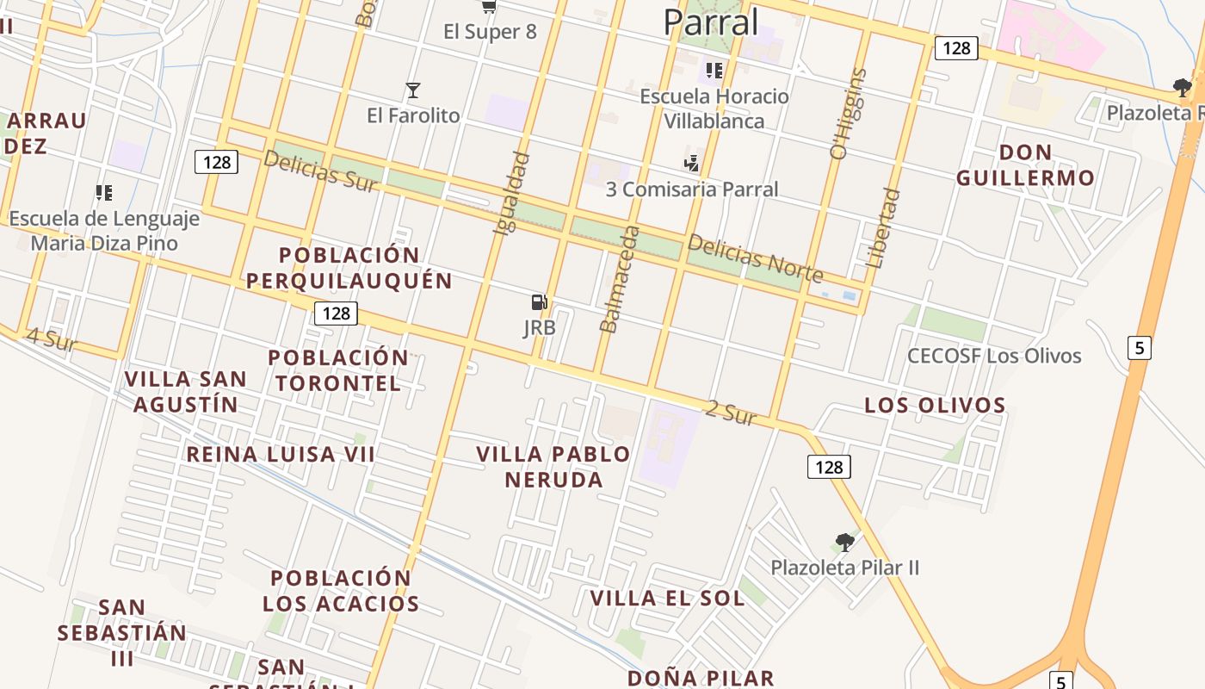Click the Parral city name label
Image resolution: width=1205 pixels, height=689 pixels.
click(x=711, y=22)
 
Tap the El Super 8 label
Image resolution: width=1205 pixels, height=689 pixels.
click(x=490, y=32)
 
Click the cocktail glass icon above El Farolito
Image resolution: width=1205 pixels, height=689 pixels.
click(x=413, y=90)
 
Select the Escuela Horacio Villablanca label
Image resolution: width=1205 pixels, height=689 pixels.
click(x=714, y=109)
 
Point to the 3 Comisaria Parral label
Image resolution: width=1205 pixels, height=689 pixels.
click(x=692, y=189)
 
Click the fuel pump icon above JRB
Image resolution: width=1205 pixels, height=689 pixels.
click(x=540, y=302)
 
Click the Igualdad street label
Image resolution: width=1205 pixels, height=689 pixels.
click(x=510, y=194)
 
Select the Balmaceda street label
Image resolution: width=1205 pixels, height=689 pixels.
click(x=620, y=279)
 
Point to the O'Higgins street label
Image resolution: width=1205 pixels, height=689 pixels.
click(x=848, y=115)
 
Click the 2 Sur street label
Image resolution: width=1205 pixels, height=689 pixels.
click(x=730, y=413)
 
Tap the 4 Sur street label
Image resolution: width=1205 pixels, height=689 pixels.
click(x=52, y=339)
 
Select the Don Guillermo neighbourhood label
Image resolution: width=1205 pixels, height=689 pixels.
click(x=1025, y=165)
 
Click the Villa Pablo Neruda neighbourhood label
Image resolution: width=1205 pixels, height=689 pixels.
click(x=553, y=467)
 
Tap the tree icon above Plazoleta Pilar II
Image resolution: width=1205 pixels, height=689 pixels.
click(x=844, y=543)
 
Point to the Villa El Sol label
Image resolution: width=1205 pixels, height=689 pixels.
click(x=666, y=598)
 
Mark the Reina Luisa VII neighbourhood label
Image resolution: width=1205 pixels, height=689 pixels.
click(x=281, y=454)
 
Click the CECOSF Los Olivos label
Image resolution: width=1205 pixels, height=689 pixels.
click(x=994, y=356)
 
